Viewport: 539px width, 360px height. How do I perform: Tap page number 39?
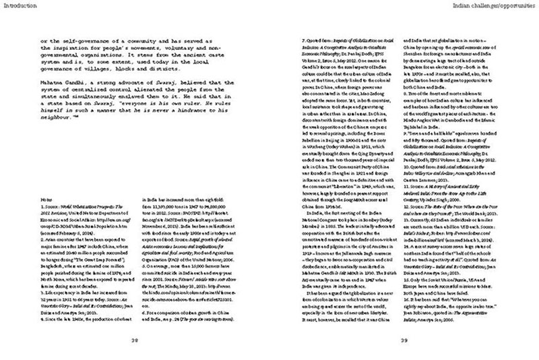tap(404, 340)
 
